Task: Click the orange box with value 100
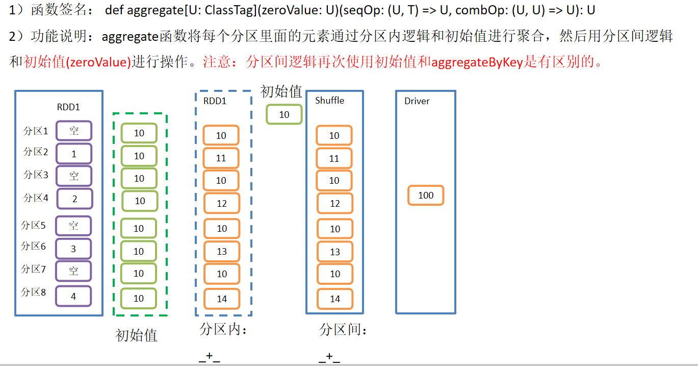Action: point(426,196)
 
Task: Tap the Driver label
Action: point(417,101)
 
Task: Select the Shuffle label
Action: point(329,101)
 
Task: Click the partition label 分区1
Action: point(36,131)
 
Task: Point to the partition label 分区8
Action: point(34,292)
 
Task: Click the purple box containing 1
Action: point(74,154)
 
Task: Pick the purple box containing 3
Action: point(73,249)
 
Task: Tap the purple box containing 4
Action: point(73,296)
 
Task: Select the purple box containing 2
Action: point(74,199)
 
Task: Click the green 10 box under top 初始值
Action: point(284,115)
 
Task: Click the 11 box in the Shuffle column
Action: point(334,158)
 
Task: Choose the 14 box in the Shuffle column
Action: point(335,299)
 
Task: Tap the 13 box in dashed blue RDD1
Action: point(222,251)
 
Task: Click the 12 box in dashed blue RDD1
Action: point(222,204)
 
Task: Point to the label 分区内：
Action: point(223,330)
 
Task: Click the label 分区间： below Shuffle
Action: point(344,330)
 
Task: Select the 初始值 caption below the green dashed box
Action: point(137,335)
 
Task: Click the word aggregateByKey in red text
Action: point(477,62)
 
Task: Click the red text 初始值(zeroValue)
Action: point(78,62)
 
